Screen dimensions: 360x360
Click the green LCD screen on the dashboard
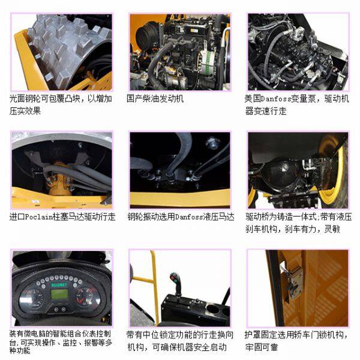pos(59,294)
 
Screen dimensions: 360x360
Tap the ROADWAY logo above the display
pos(59,285)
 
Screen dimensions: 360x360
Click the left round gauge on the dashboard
pos(31,298)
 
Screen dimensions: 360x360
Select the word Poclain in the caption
pos(38,217)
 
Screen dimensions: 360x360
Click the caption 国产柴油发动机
pos(155,99)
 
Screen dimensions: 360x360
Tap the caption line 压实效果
pos(25,111)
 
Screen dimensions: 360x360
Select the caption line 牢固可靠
pos(261,347)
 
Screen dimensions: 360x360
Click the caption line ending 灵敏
pos(293,229)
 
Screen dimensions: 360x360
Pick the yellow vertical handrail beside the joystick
pos(155,287)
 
